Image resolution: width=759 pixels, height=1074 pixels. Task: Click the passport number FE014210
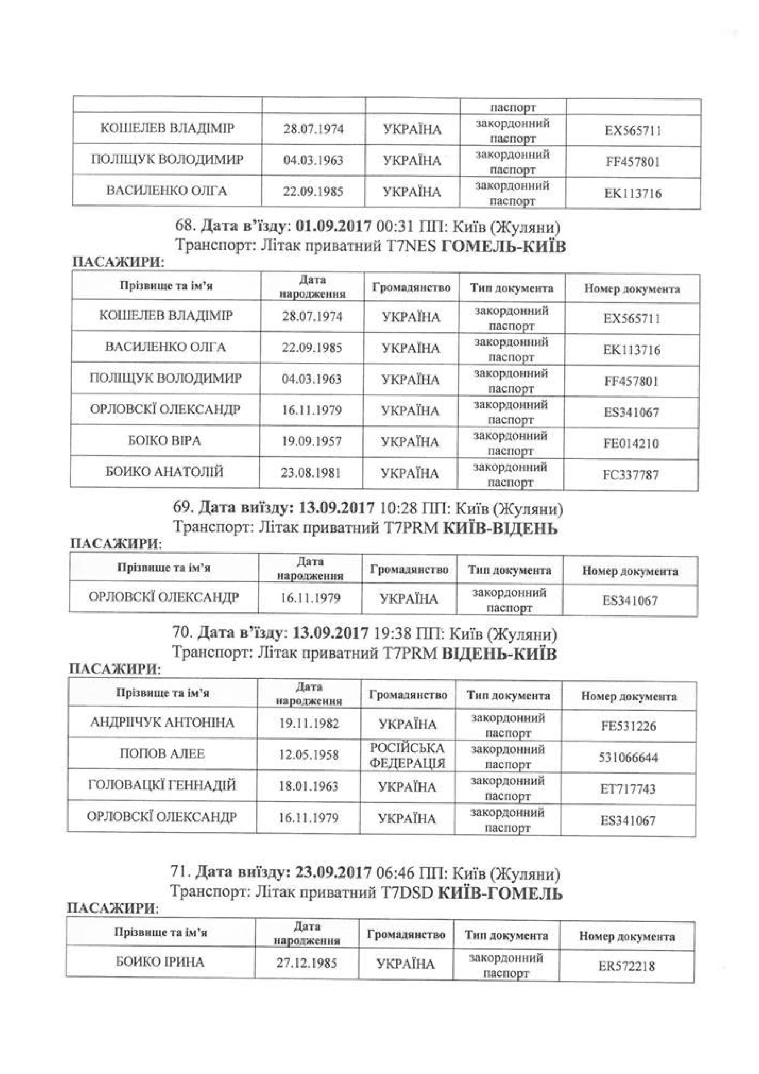pos(631,443)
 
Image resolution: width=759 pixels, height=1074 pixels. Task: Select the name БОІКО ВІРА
pos(165,441)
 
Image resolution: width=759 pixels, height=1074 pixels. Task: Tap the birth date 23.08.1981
pos(311,472)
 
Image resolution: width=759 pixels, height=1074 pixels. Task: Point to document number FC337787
pos(631,475)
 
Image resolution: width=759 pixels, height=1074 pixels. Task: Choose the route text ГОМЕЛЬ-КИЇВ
pos(503,246)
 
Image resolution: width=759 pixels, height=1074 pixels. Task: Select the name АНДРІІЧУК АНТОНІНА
pos(162,723)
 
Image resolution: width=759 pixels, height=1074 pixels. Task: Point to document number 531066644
pos(628,757)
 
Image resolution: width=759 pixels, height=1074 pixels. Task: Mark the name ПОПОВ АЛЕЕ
pos(162,754)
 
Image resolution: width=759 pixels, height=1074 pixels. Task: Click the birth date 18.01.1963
pos(309,786)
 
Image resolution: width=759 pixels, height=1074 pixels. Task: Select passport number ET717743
pos(628,789)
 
